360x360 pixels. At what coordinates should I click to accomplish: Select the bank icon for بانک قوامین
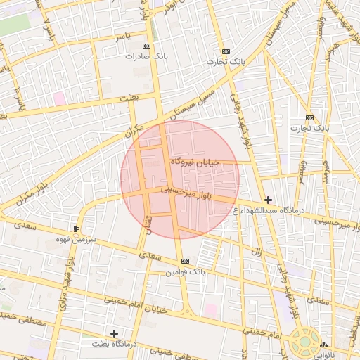[x=185, y=262]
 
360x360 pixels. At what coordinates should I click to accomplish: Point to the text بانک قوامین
[x=185, y=272]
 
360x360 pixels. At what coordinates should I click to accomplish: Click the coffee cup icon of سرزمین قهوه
[x=76, y=229]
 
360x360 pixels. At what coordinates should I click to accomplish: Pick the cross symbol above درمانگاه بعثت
[x=114, y=333]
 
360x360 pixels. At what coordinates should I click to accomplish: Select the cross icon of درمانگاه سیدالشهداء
[x=268, y=200]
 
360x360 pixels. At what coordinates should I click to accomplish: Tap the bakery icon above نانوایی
[x=324, y=345]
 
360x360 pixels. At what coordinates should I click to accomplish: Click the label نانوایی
[x=324, y=354]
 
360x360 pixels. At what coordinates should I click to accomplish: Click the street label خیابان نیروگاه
[x=195, y=162]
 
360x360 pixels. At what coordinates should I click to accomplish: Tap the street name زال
[x=257, y=252]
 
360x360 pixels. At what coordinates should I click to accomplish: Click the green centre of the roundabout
[x=306, y=342]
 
